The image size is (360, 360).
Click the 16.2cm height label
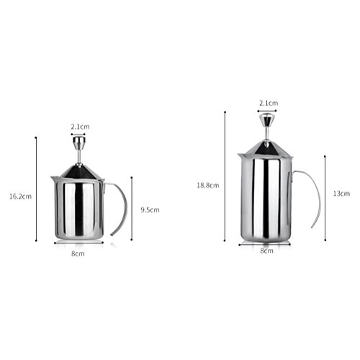[20, 197]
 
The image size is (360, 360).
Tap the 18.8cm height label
[208, 185]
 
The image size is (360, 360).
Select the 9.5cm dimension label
[150, 210]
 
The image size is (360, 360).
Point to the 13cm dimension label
[341, 194]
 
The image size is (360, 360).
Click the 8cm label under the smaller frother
[78, 253]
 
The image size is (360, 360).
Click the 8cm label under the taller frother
[267, 251]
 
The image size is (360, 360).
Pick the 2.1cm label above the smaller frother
[80, 127]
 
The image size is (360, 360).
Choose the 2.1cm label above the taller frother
[269, 103]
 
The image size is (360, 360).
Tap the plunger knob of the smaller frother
[79, 143]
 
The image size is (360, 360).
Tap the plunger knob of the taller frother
[266, 120]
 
